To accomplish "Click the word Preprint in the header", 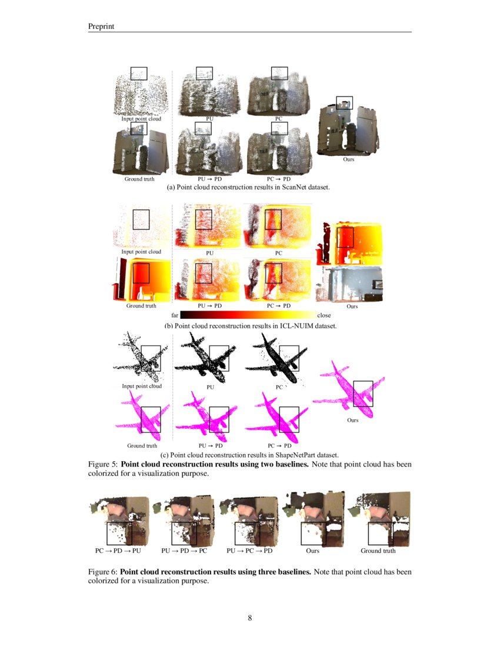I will point(101,26).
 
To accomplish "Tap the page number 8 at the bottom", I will point(250,618).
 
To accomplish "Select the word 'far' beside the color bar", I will point(174,315).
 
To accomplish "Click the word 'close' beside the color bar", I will point(324,315).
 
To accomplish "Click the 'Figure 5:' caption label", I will point(103,464).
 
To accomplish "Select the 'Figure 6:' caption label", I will point(103,572).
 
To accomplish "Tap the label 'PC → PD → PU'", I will point(118,551).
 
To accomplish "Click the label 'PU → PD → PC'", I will point(184,551).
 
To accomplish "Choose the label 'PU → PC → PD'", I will point(250,551).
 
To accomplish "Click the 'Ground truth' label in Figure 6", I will point(378,551).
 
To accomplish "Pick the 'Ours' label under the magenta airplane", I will point(352,420).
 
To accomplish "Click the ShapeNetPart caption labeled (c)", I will point(249,455).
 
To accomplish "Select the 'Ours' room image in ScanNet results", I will point(348,126).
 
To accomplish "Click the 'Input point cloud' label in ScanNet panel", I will point(141,119).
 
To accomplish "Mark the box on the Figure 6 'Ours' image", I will point(313,533).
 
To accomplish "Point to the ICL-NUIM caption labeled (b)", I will point(250,326).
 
